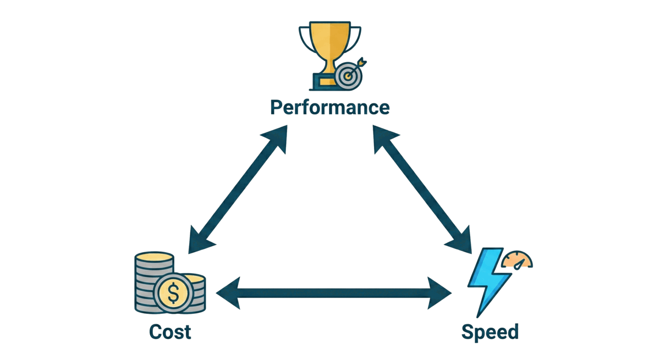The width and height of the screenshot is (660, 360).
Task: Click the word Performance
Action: click(x=329, y=107)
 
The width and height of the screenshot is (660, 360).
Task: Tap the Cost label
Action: click(x=170, y=332)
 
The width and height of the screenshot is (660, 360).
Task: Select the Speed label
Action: click(x=490, y=332)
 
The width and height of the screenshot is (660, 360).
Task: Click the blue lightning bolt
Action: click(x=486, y=280)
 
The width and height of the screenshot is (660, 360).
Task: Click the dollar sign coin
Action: click(x=174, y=293)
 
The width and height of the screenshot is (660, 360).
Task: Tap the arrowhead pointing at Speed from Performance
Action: click(x=461, y=243)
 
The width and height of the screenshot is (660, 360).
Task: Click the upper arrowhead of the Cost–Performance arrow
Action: click(x=278, y=136)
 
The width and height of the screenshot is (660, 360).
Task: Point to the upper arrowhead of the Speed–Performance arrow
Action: click(x=382, y=136)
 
